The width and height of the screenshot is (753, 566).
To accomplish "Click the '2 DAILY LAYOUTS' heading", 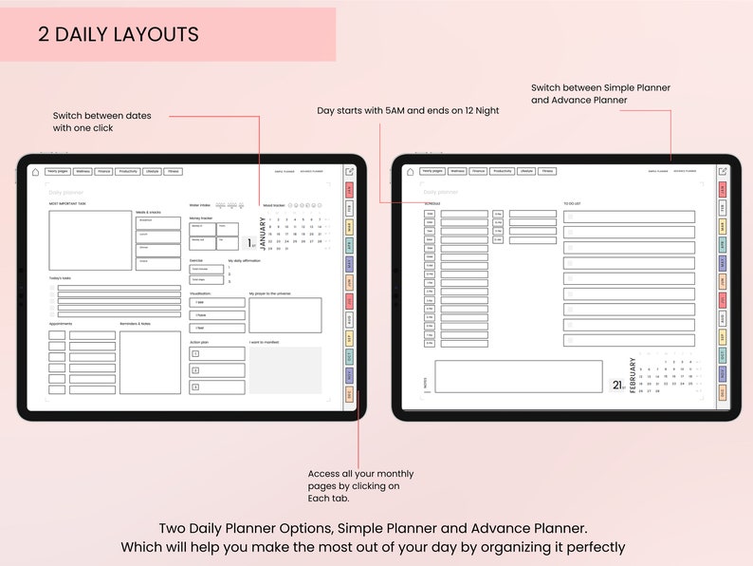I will (119, 35).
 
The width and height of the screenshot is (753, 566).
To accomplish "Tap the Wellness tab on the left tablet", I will (83, 172).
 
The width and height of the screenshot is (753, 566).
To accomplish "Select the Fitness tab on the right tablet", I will (547, 172).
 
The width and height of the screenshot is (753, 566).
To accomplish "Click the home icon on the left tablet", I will (36, 172).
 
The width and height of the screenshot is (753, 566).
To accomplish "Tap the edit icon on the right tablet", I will (723, 172).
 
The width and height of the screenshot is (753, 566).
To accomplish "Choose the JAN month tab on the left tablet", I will (350, 190).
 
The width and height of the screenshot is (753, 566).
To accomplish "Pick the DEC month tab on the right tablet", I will (723, 392).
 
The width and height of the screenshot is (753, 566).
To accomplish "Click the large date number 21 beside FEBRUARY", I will (616, 385).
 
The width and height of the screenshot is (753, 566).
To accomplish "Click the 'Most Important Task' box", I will (90, 240).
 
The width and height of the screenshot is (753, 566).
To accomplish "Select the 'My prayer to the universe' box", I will (285, 315).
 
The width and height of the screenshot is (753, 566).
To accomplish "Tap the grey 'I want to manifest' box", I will (285, 370).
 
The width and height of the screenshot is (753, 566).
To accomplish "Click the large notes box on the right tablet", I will (519, 376).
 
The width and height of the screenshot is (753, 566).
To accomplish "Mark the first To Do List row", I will (630, 217).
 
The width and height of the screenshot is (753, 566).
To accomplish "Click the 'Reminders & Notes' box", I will (150, 362).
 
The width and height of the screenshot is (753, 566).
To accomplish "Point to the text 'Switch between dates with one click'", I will (101, 122).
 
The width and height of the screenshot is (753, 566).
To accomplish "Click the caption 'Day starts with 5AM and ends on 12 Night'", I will (408, 111).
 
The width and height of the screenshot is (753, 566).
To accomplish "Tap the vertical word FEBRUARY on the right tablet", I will (633, 375).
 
